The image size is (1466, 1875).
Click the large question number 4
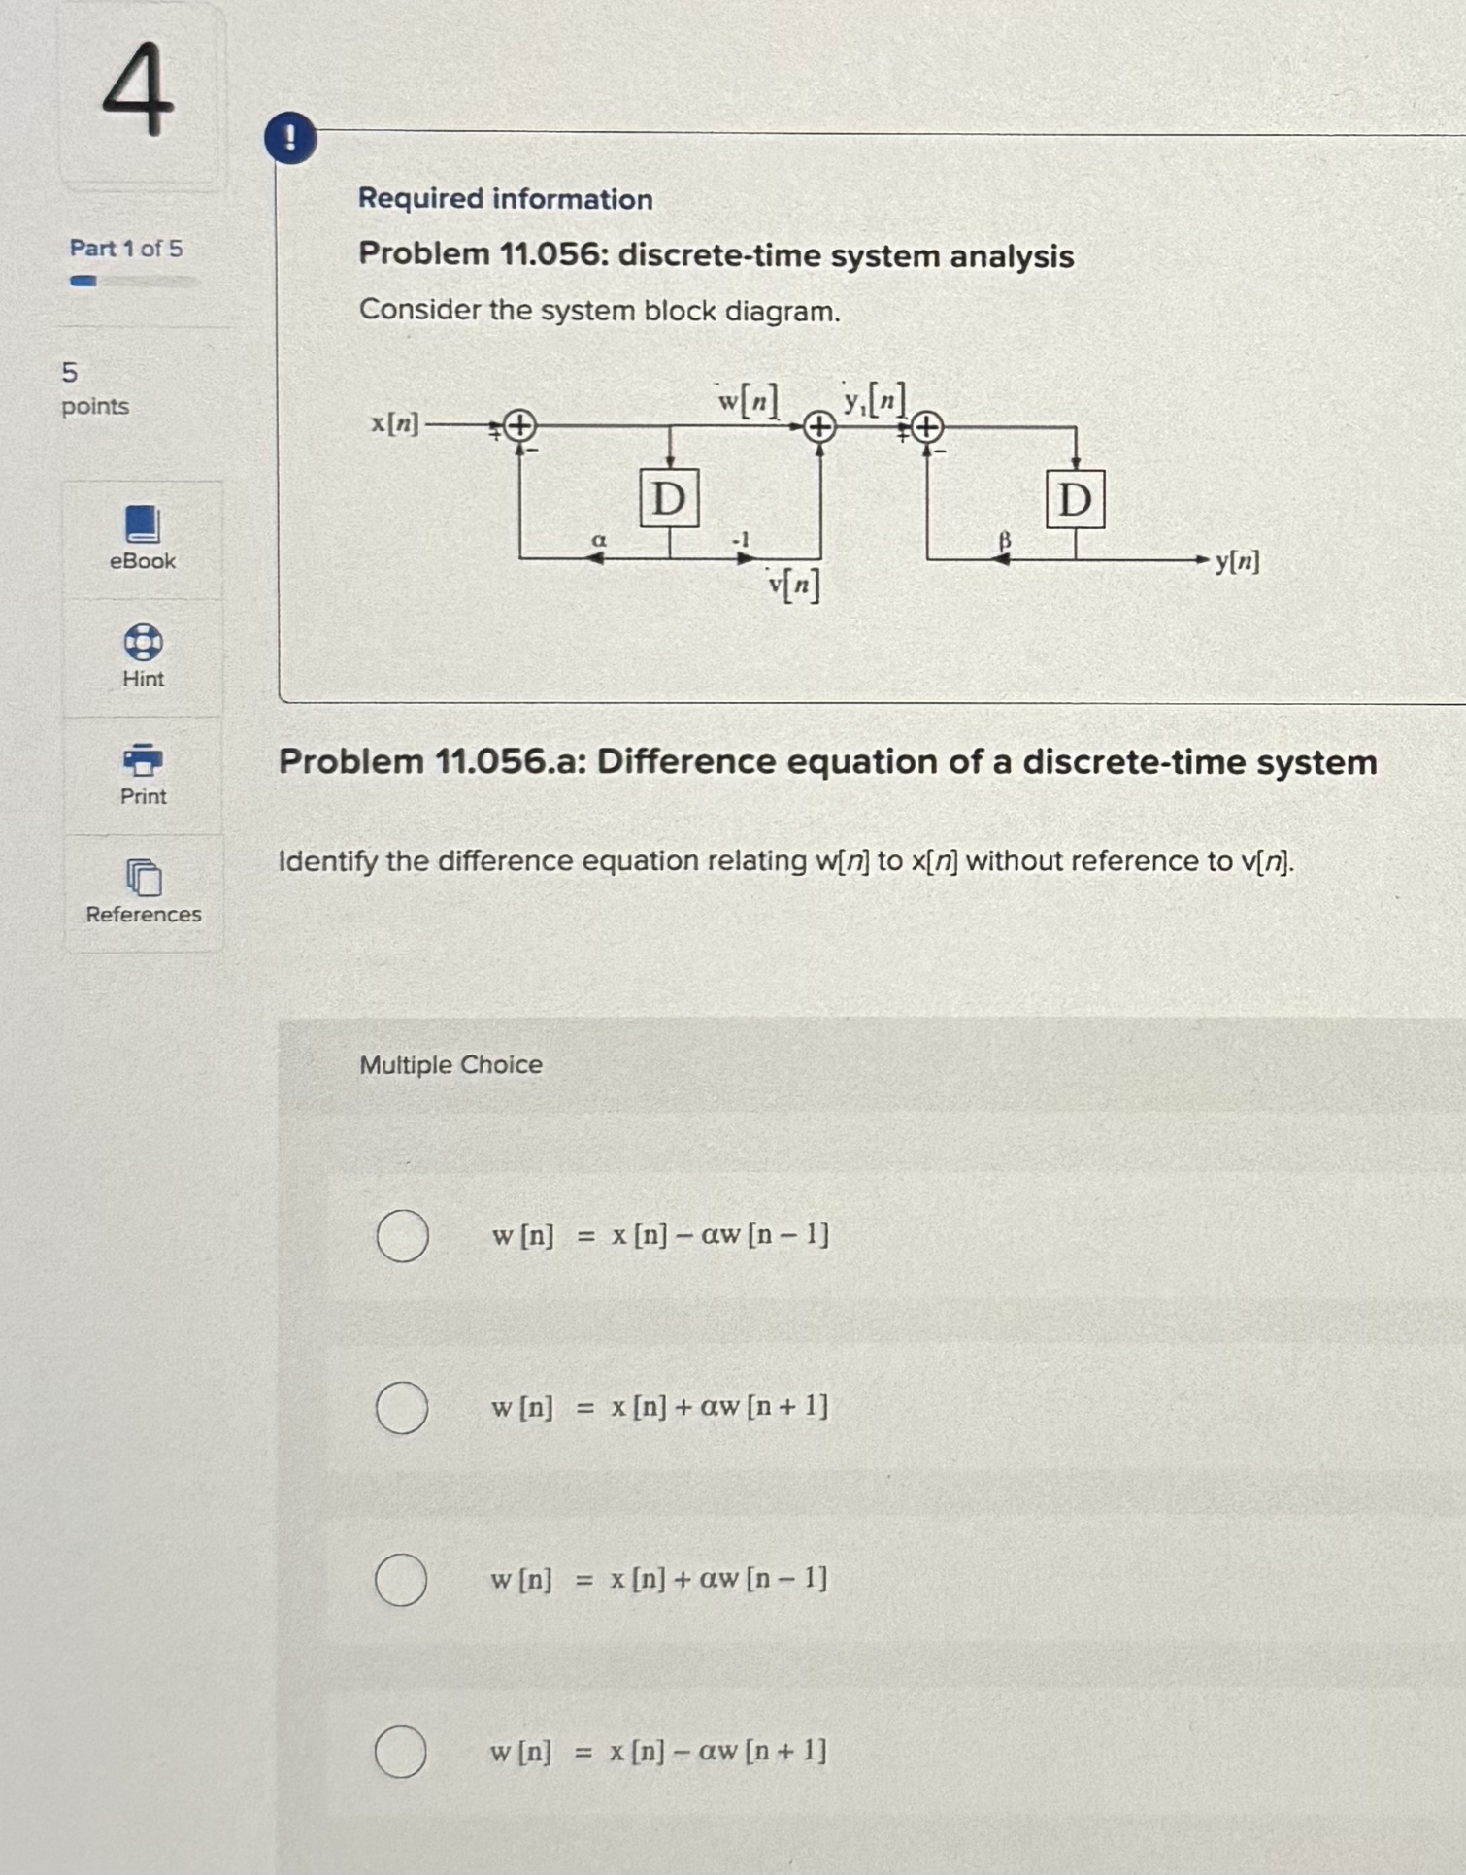pyautogui.click(x=138, y=89)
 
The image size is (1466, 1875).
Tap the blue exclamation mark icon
pyautogui.click(x=290, y=138)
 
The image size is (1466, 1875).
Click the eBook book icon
pyautogui.click(x=143, y=524)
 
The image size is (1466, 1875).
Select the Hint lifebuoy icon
pyautogui.click(x=143, y=642)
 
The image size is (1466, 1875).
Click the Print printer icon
pyautogui.click(x=143, y=759)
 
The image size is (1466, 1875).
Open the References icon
pyautogui.click(x=144, y=878)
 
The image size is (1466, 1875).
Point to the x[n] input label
pyautogui.click(x=395, y=424)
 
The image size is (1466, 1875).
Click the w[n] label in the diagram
pyautogui.click(x=748, y=399)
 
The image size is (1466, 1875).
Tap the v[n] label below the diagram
pyautogui.click(x=793, y=584)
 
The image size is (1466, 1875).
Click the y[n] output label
pyautogui.click(x=1237, y=561)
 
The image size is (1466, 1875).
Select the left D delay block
pyautogui.click(x=669, y=499)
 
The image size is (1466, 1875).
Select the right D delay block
pyautogui.click(x=1075, y=500)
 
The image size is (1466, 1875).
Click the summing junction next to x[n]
pyautogui.click(x=520, y=425)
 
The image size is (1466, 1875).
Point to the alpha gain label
pyautogui.click(x=599, y=539)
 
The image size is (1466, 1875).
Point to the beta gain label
pyautogui.click(x=1005, y=539)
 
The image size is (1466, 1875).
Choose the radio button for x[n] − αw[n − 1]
pyautogui.click(x=403, y=1235)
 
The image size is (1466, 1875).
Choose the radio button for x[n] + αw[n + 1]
pyautogui.click(x=402, y=1407)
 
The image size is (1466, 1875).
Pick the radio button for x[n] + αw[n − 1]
pyautogui.click(x=401, y=1579)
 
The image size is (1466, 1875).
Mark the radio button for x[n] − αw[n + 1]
pyautogui.click(x=400, y=1751)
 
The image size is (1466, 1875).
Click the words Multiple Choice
pyautogui.click(x=450, y=1065)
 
